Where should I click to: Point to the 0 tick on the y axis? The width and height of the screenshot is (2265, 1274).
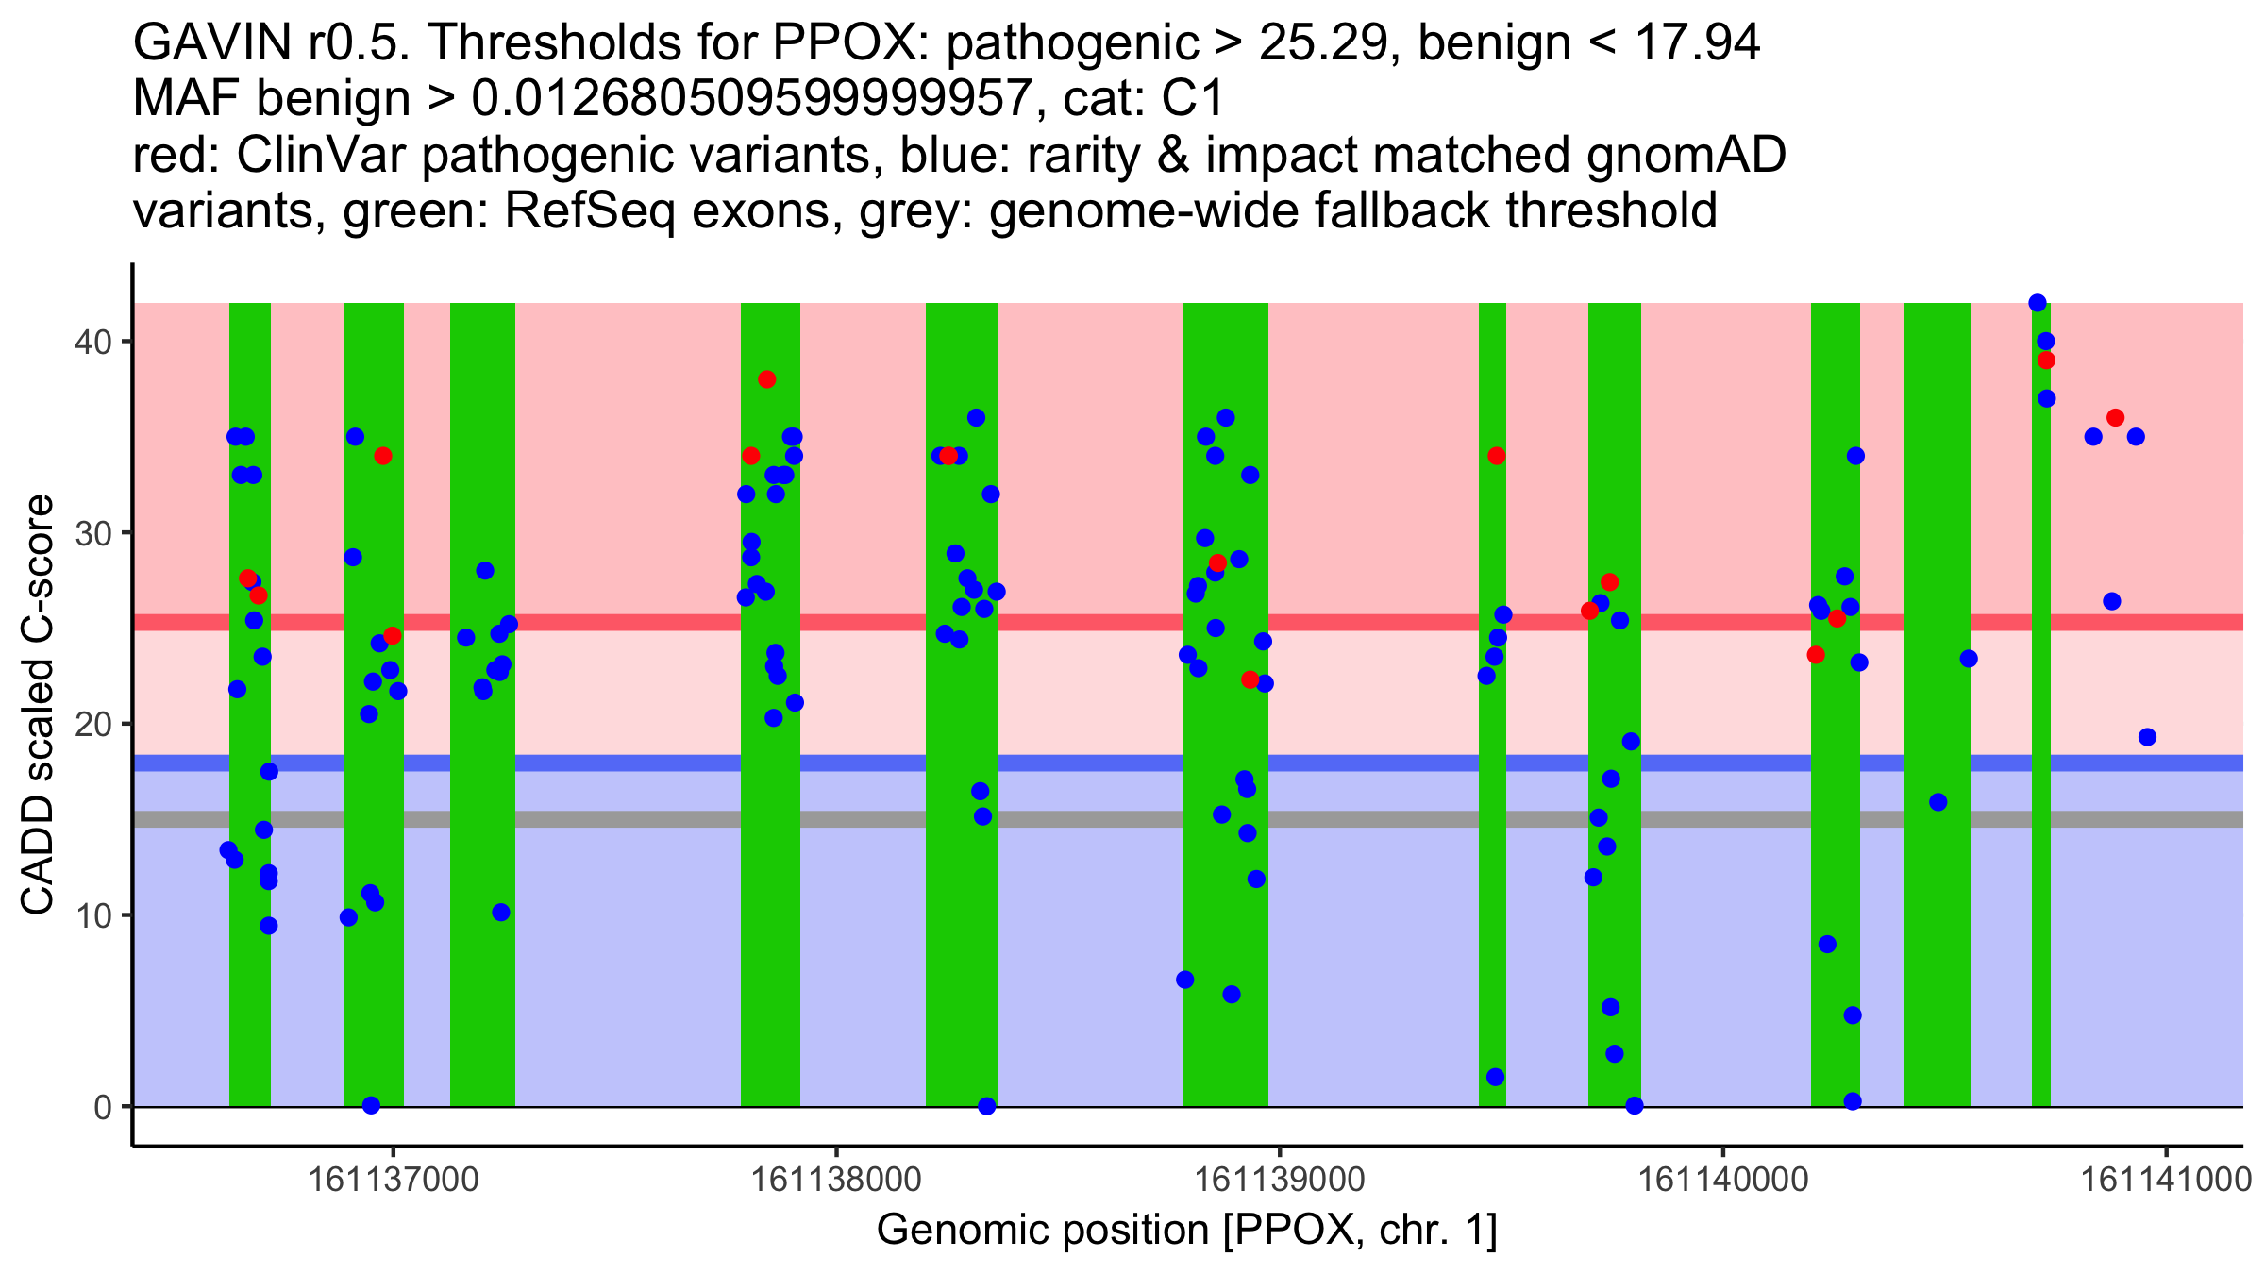102,1107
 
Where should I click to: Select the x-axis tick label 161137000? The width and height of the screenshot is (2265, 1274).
393,1180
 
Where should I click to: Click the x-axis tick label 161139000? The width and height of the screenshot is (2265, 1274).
1280,1180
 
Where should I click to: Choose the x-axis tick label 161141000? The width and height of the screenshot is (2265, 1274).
2167,1180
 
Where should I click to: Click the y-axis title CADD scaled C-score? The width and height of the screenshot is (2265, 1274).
38,706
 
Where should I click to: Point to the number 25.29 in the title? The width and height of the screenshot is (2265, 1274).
1322,42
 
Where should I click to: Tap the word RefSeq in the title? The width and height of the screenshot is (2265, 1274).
589,210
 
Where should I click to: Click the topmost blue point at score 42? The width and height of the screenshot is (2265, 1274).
2038,303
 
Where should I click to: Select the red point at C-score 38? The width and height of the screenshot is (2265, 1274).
766,379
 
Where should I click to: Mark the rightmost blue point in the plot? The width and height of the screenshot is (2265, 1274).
2147,737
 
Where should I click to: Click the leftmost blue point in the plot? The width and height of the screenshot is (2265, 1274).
228,850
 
